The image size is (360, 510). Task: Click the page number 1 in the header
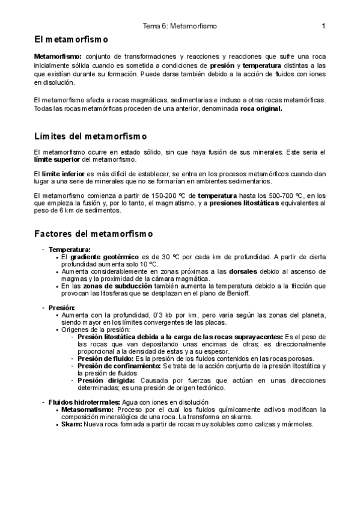pos(323,26)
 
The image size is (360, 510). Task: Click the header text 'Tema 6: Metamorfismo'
pos(180,26)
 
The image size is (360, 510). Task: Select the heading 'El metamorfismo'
pos(71,40)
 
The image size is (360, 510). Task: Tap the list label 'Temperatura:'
pos(70,249)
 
